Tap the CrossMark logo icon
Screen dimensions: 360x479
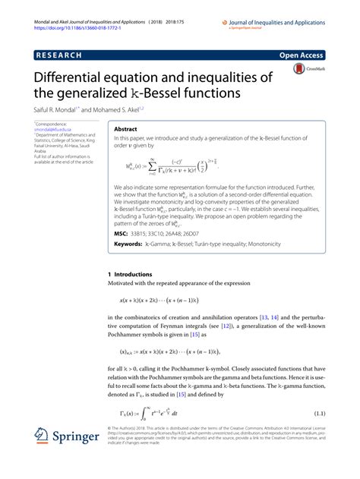pos(298,71)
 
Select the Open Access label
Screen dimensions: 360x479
pos(303,55)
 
